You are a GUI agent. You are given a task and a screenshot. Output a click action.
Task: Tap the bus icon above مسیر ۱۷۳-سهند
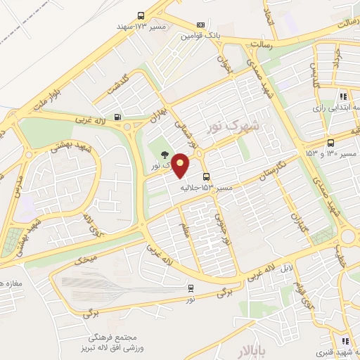coord(141,16)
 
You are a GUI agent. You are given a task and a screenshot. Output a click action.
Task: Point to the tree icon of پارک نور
coord(165,154)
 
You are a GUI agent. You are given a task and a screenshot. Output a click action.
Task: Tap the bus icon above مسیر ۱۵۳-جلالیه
coord(206,177)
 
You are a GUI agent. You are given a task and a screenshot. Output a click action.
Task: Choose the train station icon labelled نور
coord(191,288)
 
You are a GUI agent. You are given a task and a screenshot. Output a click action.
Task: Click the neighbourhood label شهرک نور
coord(233,127)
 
